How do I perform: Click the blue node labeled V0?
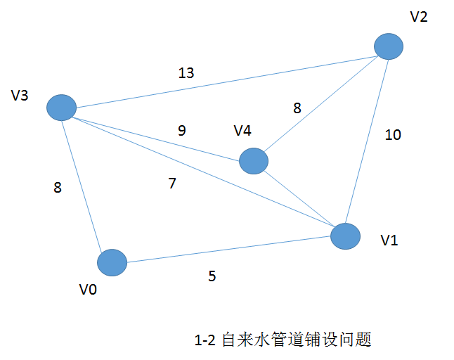pos(112,263)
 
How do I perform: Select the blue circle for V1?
pos(345,236)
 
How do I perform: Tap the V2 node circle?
pos(389,47)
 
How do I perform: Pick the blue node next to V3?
pos(61,108)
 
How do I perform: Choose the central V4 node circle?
pos(254,161)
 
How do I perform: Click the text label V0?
pos(88,288)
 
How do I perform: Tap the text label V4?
pos(242,131)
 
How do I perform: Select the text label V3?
pos(20,95)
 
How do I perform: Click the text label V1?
pos(389,240)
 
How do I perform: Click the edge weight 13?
pos(186,72)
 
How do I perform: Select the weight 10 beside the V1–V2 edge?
pos(393,135)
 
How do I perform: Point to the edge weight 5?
pos(212,276)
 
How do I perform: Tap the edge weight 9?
pos(182,130)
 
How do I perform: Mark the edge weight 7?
pos(172,184)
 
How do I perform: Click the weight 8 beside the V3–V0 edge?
pos(58,187)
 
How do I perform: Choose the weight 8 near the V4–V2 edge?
pos(297,108)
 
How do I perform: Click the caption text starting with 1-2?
pos(282,340)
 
